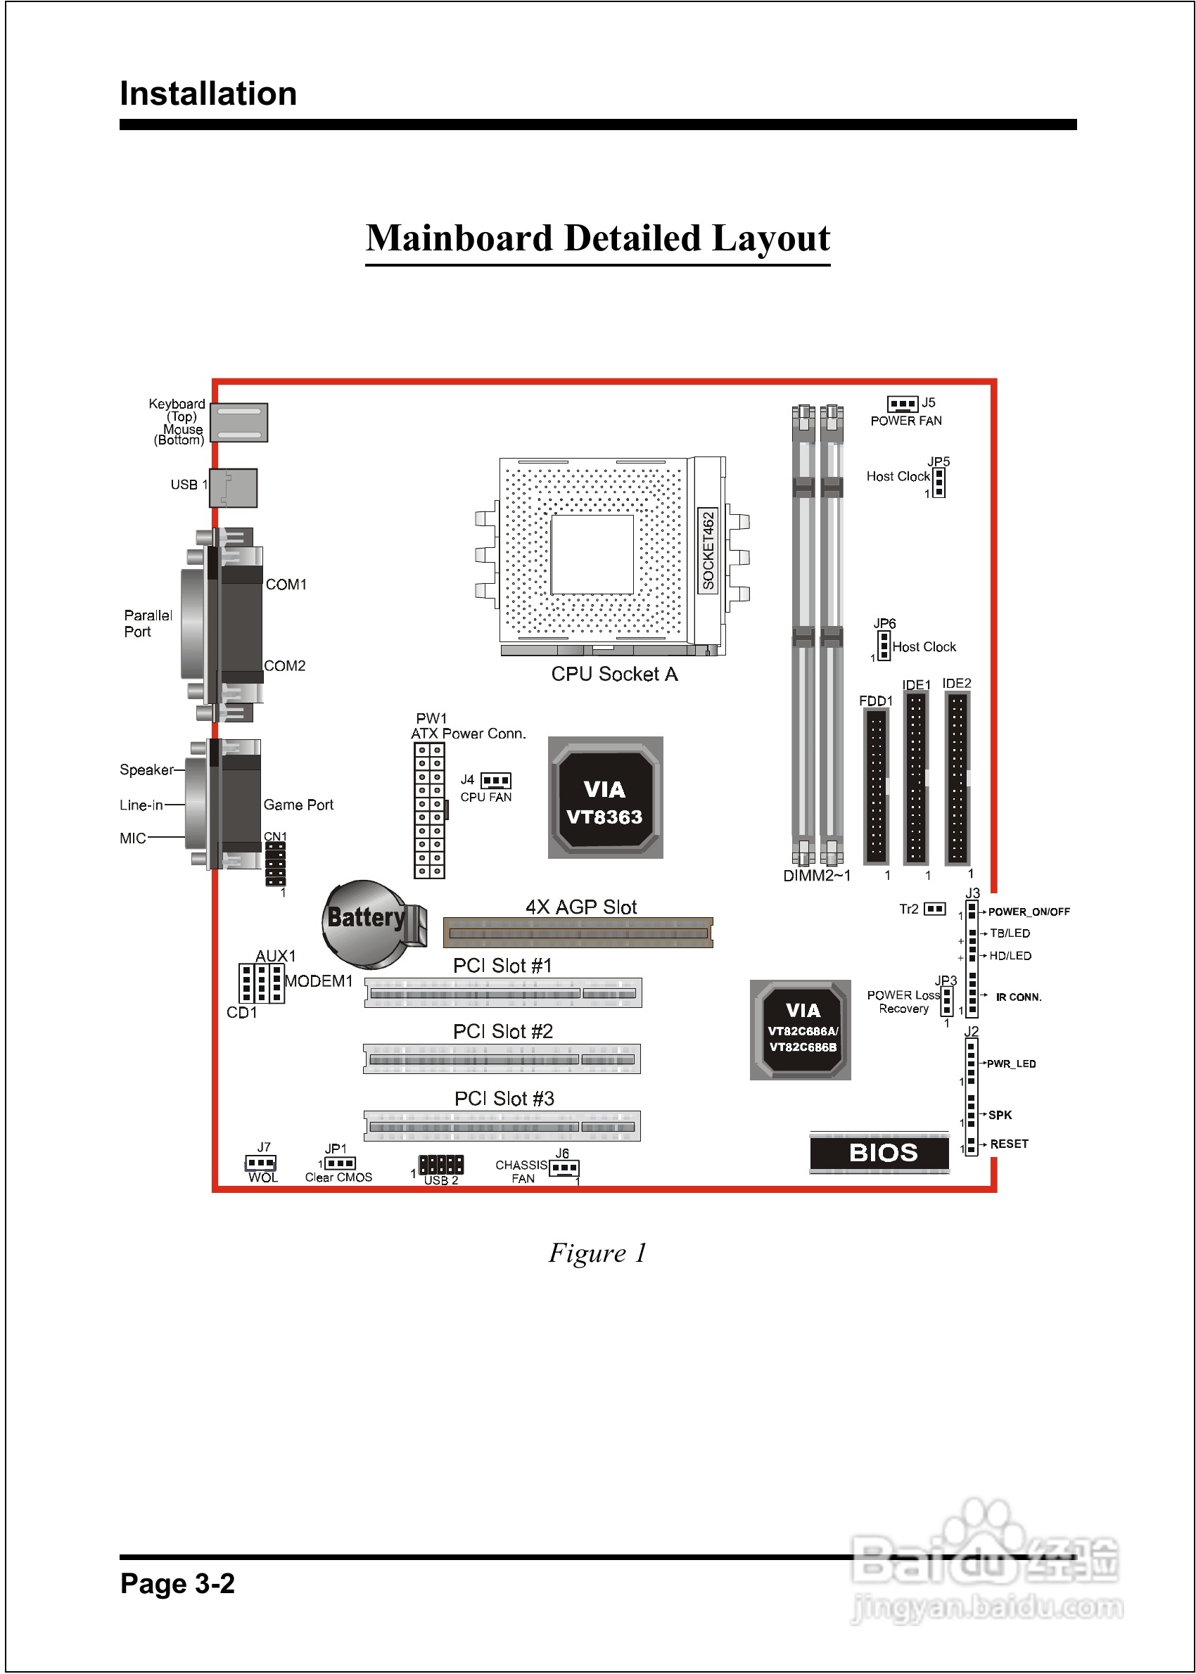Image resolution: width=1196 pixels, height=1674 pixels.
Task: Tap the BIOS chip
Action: pos(879,1153)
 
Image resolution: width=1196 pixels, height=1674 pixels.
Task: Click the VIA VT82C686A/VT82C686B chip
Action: pos(801,1030)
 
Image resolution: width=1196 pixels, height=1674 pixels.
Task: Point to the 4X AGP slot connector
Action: pos(578,933)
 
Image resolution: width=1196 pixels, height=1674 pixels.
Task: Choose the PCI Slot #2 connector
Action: pos(502,1059)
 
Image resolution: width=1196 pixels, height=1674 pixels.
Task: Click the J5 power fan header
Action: pos(902,404)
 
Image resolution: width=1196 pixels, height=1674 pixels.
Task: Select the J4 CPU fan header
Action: pos(495,780)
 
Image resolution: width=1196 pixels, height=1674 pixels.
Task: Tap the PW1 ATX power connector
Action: pos(429,810)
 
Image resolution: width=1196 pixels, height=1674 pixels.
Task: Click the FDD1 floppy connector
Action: pos(877,787)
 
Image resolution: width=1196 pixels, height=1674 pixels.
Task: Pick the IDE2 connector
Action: pos(957,778)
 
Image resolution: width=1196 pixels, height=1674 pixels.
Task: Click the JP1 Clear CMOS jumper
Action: pos(341,1163)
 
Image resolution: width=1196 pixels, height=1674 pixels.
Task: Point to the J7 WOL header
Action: pos(261,1163)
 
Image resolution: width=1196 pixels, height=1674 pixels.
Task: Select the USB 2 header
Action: pos(441,1165)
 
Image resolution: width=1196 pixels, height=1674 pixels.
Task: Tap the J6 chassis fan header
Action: pos(564,1168)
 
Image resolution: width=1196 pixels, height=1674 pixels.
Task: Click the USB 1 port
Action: pos(234,488)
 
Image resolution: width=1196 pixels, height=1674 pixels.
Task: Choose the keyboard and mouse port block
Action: pos(239,423)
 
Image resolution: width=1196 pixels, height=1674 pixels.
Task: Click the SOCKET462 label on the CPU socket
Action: pos(708,550)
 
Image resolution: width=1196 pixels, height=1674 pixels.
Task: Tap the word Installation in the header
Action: pos(208,94)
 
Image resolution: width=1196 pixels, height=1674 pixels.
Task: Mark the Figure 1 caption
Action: pos(597,1253)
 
